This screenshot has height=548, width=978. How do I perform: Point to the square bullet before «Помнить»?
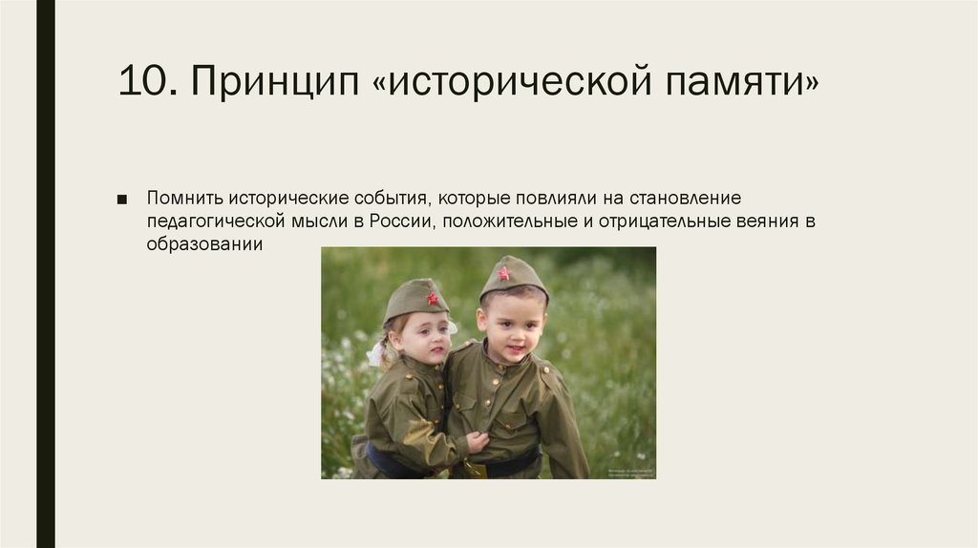[121, 199]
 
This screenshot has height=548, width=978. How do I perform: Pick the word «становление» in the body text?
[683, 198]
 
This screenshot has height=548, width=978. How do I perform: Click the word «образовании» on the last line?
[203, 244]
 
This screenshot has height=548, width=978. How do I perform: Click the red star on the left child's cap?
[432, 298]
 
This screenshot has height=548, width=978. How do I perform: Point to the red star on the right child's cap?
[503, 273]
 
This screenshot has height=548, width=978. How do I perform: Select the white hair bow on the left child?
[375, 353]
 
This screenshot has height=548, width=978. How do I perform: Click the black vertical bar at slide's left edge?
[45, 274]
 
